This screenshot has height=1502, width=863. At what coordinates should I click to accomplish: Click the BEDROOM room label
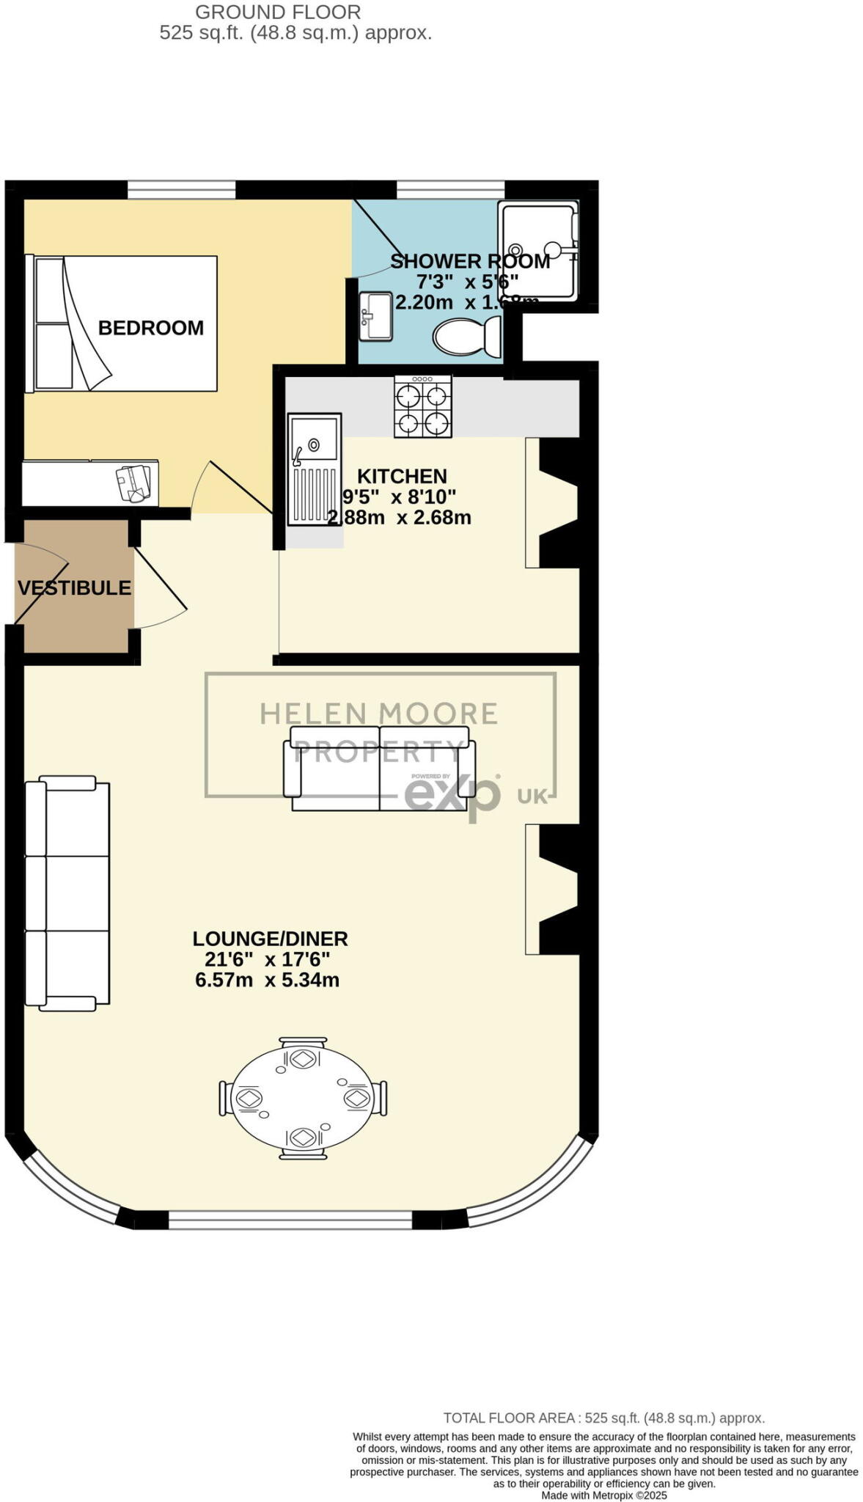(x=150, y=327)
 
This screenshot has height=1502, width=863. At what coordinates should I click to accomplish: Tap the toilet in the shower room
(x=466, y=337)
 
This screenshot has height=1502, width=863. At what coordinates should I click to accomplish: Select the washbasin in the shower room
(x=375, y=316)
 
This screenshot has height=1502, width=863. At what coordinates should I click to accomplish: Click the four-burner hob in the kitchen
(x=423, y=406)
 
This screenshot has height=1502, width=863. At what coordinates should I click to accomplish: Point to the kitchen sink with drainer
(x=314, y=469)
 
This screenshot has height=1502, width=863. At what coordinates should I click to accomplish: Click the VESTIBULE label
(x=74, y=587)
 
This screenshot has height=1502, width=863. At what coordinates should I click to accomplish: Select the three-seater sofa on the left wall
(x=67, y=893)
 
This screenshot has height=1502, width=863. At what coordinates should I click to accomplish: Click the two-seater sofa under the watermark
(x=379, y=769)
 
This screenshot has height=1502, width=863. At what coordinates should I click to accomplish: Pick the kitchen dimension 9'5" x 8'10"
(x=399, y=497)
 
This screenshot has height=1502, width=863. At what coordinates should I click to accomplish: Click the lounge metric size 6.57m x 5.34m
(x=267, y=980)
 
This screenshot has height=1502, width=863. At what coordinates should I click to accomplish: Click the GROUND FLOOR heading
(x=278, y=12)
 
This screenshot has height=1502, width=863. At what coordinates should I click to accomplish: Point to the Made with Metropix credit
(x=603, y=1495)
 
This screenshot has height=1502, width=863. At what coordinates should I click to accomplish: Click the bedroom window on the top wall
(x=181, y=190)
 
